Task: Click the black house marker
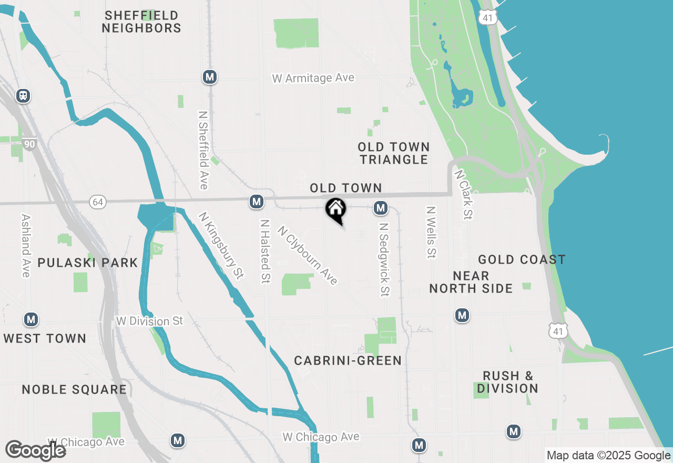click(336, 210)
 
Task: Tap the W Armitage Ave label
click(313, 78)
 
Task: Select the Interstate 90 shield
click(29, 143)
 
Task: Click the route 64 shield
click(97, 202)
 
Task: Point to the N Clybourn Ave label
click(308, 256)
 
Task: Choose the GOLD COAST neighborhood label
click(522, 259)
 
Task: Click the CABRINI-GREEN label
click(348, 360)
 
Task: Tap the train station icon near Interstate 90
click(23, 95)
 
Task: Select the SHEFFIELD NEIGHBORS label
click(141, 22)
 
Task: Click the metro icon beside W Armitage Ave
click(210, 77)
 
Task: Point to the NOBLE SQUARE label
click(74, 389)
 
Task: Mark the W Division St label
click(150, 320)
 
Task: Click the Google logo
click(35, 450)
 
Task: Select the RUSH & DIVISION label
click(507, 382)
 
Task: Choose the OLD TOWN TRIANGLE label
click(394, 153)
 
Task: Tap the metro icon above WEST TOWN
click(31, 319)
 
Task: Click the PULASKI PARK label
click(88, 263)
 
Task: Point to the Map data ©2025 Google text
click(608, 456)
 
